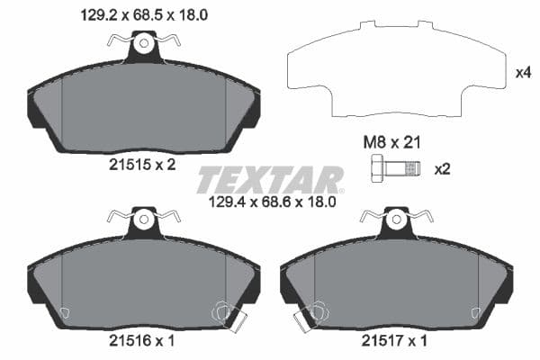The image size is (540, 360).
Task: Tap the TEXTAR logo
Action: click(270, 179)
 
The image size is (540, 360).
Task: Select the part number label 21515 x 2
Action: click(143, 165)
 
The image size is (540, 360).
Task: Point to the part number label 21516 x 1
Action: click(143, 341)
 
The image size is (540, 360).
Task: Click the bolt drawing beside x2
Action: click(394, 168)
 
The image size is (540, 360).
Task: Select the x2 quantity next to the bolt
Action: click(442, 168)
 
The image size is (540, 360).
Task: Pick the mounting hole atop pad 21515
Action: click(144, 41)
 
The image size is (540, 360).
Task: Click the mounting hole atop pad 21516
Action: click(144, 218)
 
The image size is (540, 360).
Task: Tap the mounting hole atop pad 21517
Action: click(397, 218)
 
